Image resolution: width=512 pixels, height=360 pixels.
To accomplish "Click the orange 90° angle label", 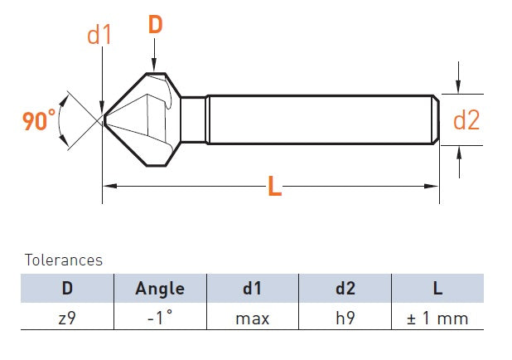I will [40, 121].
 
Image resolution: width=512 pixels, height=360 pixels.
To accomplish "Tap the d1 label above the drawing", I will [99, 35].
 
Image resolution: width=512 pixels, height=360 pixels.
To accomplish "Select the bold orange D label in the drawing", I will [155, 25].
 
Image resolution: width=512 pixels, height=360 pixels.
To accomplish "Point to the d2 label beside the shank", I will [466, 121].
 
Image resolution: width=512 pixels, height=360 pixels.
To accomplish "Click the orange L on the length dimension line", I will [275, 187].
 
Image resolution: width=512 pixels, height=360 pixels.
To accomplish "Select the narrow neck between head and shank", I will [193, 120].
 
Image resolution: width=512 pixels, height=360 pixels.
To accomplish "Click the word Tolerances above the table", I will [64, 260].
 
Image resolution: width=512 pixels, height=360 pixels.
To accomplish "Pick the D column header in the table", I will [67, 289].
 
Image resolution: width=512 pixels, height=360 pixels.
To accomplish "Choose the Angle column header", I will [160, 289].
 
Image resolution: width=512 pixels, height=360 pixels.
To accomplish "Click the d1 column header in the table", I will [253, 289].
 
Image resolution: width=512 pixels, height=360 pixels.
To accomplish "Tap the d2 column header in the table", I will [345, 289].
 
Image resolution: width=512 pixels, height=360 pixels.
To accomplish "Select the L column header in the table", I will [438, 289].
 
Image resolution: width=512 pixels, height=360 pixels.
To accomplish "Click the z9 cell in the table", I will [67, 318].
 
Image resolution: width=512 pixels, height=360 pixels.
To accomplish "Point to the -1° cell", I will [160, 318].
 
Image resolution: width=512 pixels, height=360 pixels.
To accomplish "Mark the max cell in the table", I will [253, 318].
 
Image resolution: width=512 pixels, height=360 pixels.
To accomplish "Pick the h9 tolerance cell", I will [345, 318].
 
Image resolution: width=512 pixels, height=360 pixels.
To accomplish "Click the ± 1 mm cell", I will [438, 318].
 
